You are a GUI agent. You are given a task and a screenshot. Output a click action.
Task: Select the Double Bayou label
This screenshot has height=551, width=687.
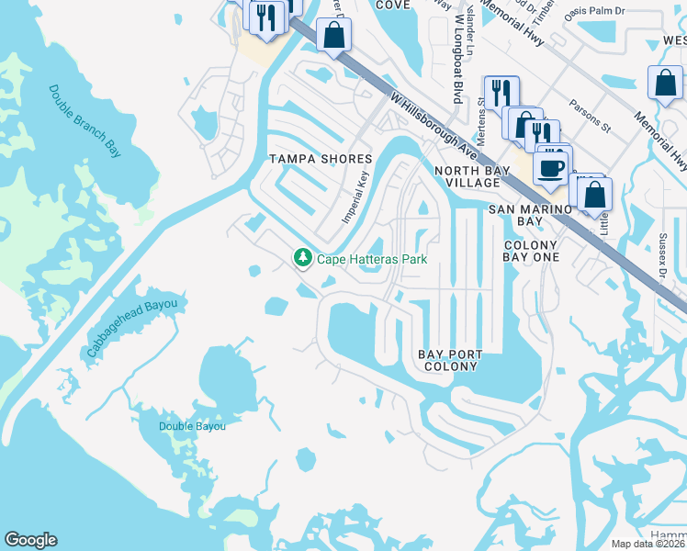click(x=192, y=426)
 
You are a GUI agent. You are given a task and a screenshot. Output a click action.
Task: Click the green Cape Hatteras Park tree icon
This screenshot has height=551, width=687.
click(x=302, y=259)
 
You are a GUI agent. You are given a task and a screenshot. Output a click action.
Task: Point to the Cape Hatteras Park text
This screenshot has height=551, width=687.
click(x=372, y=260)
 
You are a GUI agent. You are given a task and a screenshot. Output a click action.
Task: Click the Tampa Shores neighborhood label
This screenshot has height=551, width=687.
click(x=320, y=159)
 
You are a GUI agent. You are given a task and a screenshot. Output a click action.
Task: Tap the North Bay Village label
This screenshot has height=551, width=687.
click(x=466, y=177)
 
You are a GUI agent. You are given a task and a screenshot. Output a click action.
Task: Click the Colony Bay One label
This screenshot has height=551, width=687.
click(x=531, y=252)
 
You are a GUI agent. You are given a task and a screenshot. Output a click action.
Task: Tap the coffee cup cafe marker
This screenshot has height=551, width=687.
click(x=551, y=168)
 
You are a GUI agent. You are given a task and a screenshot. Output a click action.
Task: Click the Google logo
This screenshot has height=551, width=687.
click(x=30, y=540)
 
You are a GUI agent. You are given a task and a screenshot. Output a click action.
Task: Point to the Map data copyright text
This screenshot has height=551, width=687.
click(x=647, y=544)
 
